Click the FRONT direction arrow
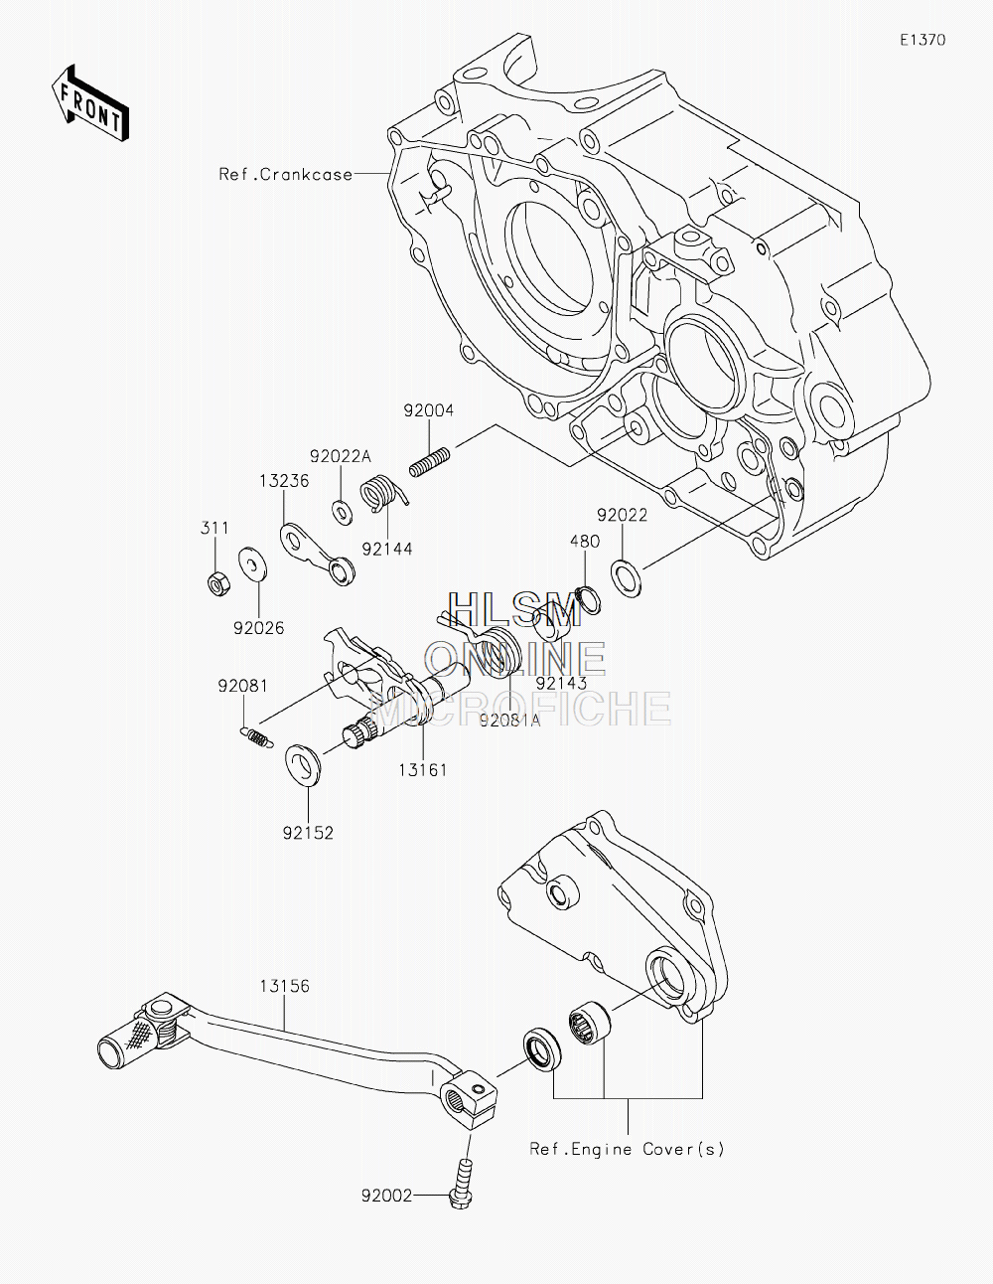click(x=89, y=102)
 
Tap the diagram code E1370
click(x=922, y=40)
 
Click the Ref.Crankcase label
click(x=286, y=174)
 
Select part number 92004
click(x=429, y=410)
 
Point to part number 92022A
click(x=341, y=456)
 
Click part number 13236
click(x=284, y=481)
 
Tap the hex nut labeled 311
click(x=219, y=583)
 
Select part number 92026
click(x=258, y=628)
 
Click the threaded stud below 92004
click(x=429, y=462)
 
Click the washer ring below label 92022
click(x=626, y=579)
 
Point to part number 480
click(x=585, y=542)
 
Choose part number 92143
click(x=561, y=683)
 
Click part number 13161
click(x=423, y=770)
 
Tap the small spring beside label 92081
click(x=257, y=738)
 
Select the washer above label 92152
click(x=304, y=766)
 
